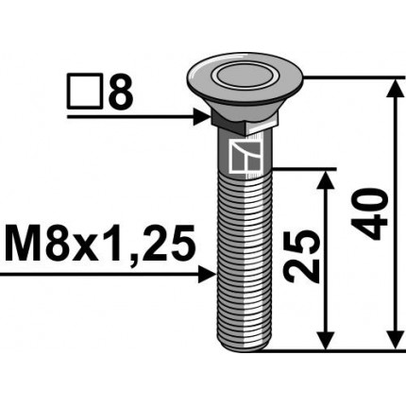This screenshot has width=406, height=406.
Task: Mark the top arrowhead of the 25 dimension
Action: (325, 179)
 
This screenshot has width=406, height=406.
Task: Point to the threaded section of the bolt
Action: (243, 264)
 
